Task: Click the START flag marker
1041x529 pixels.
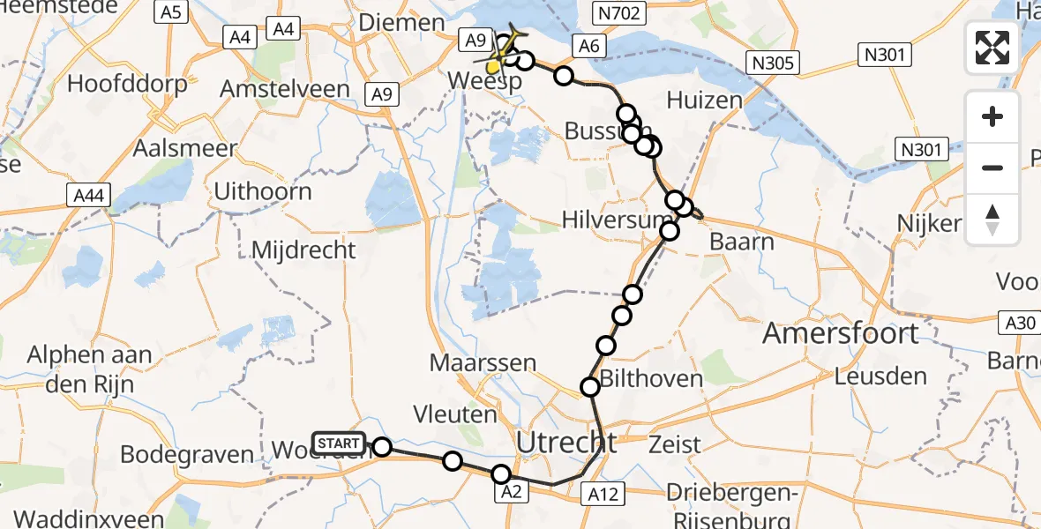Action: (x=337, y=443)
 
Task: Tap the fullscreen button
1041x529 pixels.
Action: (x=992, y=48)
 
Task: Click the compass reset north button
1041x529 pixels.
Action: (x=992, y=220)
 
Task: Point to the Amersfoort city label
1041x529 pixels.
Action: (x=840, y=334)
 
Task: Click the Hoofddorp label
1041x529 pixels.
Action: (x=128, y=85)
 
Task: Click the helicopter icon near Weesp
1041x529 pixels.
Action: (x=505, y=50)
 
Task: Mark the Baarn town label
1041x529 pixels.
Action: (x=741, y=242)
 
